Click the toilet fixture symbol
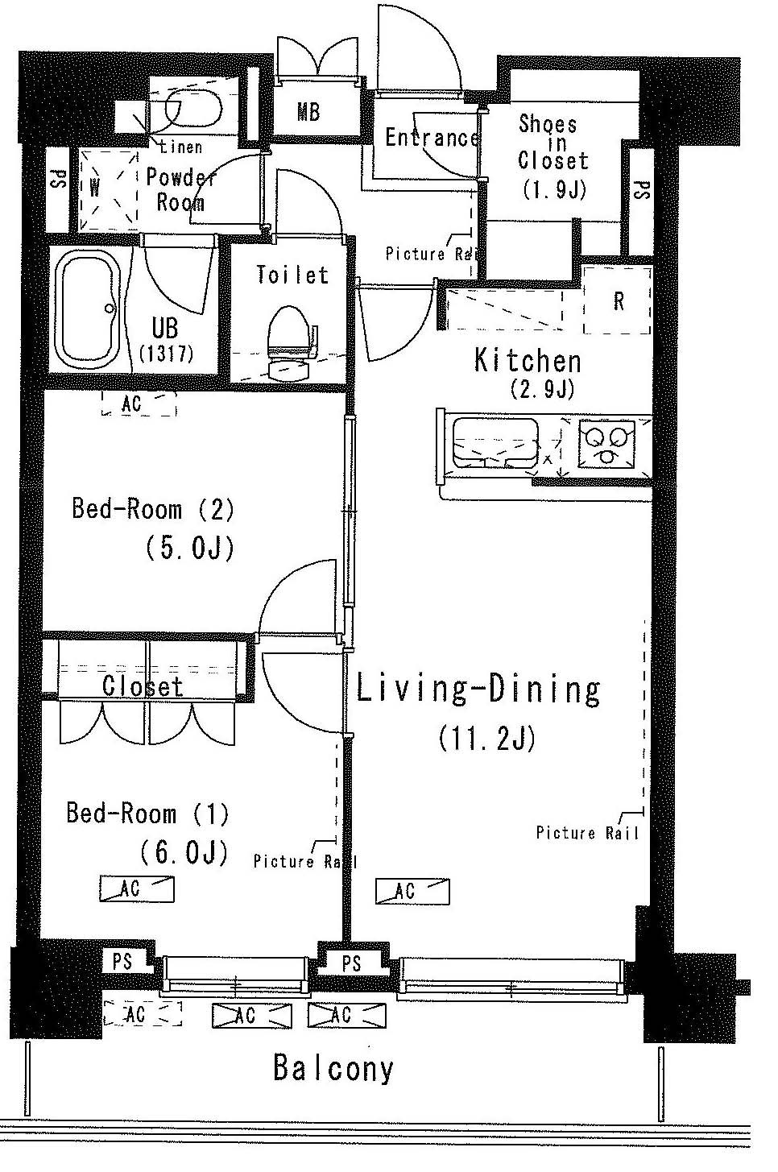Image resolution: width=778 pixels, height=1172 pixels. point(292,342)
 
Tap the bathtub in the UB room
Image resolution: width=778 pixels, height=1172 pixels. point(88,310)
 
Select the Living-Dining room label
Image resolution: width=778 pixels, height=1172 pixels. point(478,690)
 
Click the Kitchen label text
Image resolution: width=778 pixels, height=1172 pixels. point(528,361)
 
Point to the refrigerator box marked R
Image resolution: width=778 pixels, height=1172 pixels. point(618,300)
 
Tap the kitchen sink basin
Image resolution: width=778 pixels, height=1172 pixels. point(495,443)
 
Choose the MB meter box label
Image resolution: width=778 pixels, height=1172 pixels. point(308,111)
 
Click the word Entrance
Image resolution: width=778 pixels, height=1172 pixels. point(432,137)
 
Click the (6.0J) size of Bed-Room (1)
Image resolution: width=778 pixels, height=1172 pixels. point(184,853)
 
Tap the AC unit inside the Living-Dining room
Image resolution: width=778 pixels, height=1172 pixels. point(412,891)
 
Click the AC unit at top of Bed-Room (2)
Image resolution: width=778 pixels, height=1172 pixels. point(139,404)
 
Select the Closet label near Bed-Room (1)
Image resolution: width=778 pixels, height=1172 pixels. point(143,686)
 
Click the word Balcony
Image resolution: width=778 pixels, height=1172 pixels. point(333,1068)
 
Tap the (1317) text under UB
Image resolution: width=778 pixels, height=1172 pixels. point(167,354)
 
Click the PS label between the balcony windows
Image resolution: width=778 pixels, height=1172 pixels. point(352,963)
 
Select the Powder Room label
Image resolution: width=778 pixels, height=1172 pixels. point(180,190)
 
